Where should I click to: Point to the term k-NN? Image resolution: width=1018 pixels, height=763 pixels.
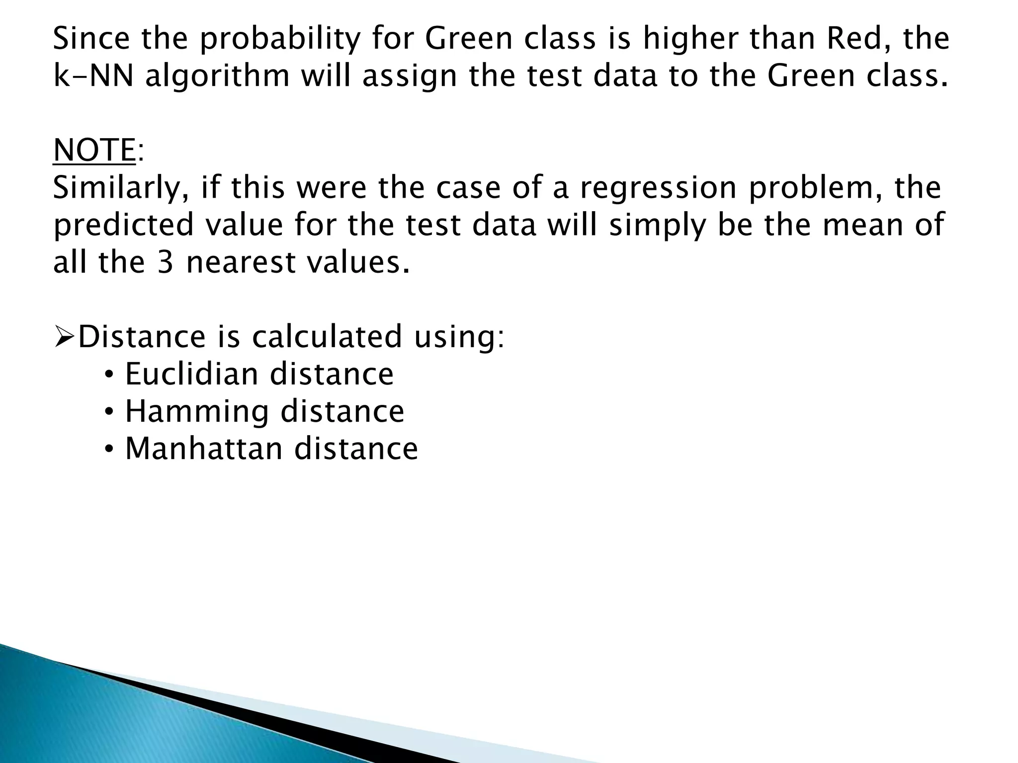pos(93,76)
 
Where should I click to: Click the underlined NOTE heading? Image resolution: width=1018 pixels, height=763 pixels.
pos(94,150)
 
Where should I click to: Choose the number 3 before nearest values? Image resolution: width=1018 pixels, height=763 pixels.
pos(165,262)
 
